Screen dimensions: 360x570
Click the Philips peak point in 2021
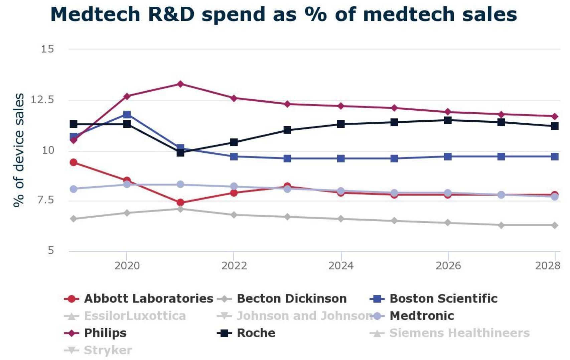[x=180, y=84]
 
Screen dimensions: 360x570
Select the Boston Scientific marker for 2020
[x=127, y=115]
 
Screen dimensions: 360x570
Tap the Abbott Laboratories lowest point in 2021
[x=180, y=202]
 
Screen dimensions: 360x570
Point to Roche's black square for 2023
[x=287, y=130]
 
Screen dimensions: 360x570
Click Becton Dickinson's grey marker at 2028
[x=555, y=225]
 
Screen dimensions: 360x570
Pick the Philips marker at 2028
[x=555, y=116]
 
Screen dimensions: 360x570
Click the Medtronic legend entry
[x=422, y=316]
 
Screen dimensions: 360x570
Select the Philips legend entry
[x=105, y=333]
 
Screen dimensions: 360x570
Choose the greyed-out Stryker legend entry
[x=108, y=350]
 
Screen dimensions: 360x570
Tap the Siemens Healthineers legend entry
[x=459, y=333]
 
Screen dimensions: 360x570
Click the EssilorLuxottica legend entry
[x=135, y=316]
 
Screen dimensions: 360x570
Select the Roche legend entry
[x=256, y=333]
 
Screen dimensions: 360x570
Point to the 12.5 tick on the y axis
[x=42, y=100]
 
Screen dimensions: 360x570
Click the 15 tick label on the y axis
[x=47, y=49]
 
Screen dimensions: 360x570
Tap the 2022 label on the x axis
[x=234, y=266]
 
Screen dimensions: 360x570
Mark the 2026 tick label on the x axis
[x=448, y=266]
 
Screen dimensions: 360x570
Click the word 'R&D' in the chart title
[x=171, y=14]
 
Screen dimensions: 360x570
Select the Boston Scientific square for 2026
[x=448, y=156]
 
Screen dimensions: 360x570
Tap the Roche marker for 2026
[x=448, y=120]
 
